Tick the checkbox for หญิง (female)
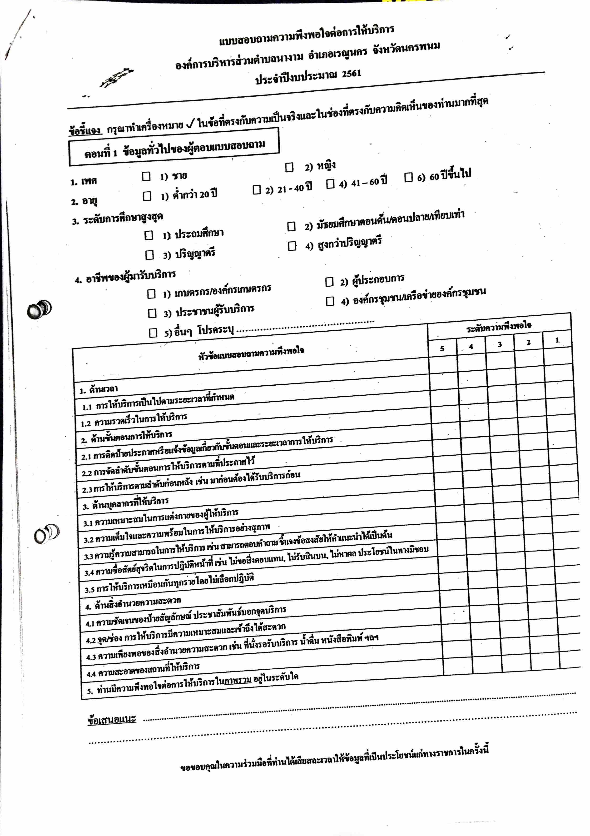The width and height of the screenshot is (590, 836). tap(289, 167)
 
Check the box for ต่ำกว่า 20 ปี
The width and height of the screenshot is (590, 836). tap(147, 196)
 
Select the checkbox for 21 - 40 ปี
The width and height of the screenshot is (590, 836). tap(257, 190)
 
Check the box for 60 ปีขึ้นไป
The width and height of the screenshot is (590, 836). tap(408, 177)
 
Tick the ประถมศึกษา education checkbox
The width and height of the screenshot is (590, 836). tap(149, 235)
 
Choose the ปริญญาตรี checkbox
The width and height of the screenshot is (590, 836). tap(150, 254)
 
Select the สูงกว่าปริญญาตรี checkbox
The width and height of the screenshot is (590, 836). tap(292, 246)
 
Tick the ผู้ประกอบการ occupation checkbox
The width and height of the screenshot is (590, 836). tap(329, 282)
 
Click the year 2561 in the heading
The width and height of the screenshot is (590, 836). tap(351, 74)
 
